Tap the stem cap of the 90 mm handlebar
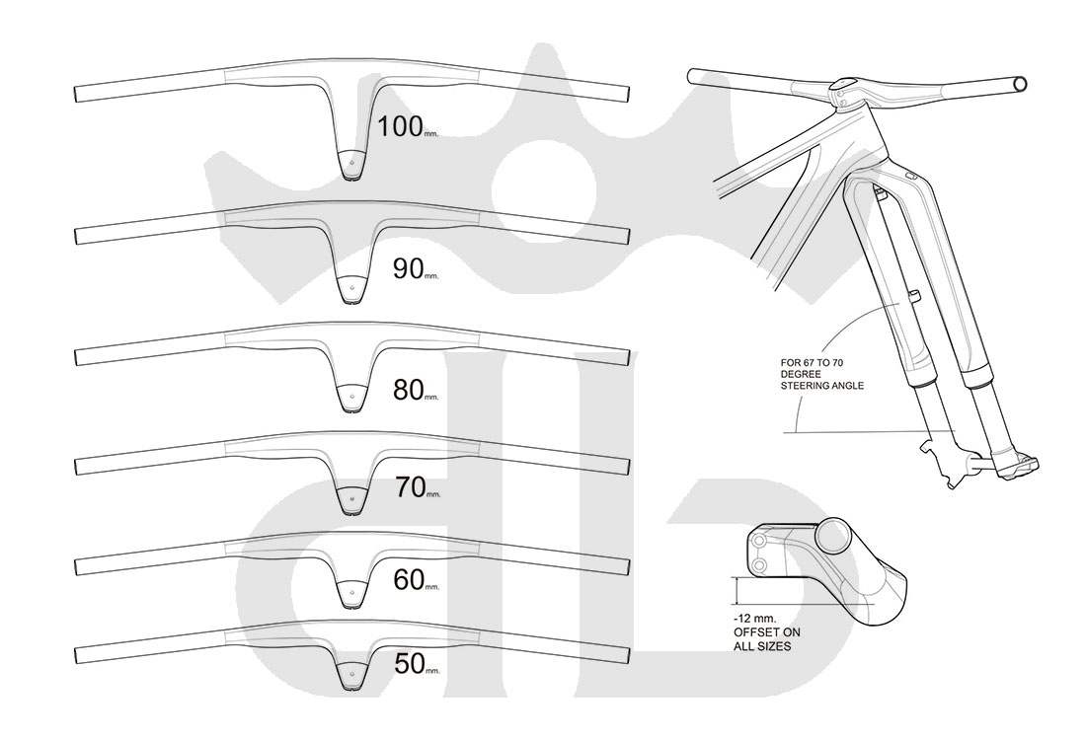pyautogui.click(x=350, y=288)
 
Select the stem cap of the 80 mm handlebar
pyautogui.click(x=350, y=399)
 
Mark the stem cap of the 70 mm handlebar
pyautogui.click(x=350, y=499)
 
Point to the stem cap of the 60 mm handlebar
pyautogui.click(x=350, y=595)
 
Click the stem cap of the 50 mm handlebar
pyautogui.click(x=350, y=676)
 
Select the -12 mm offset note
pyautogui.click(x=762, y=631)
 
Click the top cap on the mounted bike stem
pyautogui.click(x=844, y=86)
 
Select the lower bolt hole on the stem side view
pyautogui.click(x=760, y=564)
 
